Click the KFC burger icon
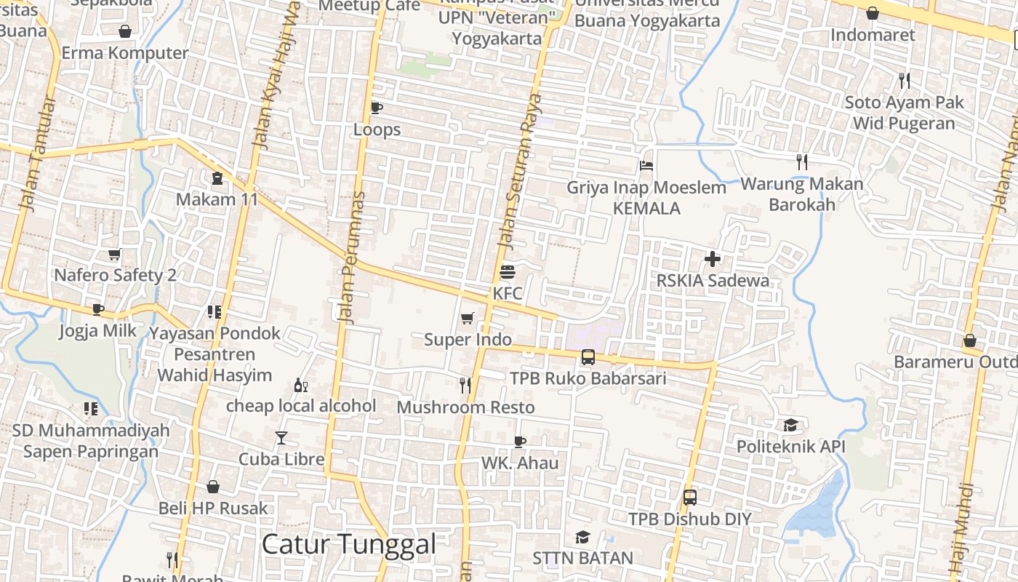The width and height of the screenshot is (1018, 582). point(508,272)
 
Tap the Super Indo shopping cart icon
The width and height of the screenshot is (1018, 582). point(468,318)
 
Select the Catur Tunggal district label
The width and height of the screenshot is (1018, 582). point(348,543)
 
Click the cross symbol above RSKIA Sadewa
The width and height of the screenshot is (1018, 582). point(713,258)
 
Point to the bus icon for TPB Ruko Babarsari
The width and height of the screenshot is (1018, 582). point(588,357)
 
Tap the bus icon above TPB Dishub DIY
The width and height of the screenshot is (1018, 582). point(689,498)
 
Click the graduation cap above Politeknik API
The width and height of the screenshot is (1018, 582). point(790,425)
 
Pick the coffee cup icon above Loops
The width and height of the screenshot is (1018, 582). point(376,108)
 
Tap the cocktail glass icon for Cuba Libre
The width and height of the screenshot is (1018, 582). point(281,437)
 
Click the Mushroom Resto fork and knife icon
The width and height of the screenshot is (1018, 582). point(465,386)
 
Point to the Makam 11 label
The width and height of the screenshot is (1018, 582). point(217,199)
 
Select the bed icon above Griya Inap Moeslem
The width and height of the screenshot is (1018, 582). point(646,166)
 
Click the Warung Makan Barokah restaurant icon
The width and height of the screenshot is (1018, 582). point(802,162)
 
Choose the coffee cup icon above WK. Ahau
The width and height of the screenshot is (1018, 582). point(519,441)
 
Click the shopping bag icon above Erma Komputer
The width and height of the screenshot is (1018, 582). point(125,31)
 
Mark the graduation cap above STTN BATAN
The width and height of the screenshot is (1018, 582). point(582,537)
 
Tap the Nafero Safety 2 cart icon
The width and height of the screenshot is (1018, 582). point(114,254)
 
